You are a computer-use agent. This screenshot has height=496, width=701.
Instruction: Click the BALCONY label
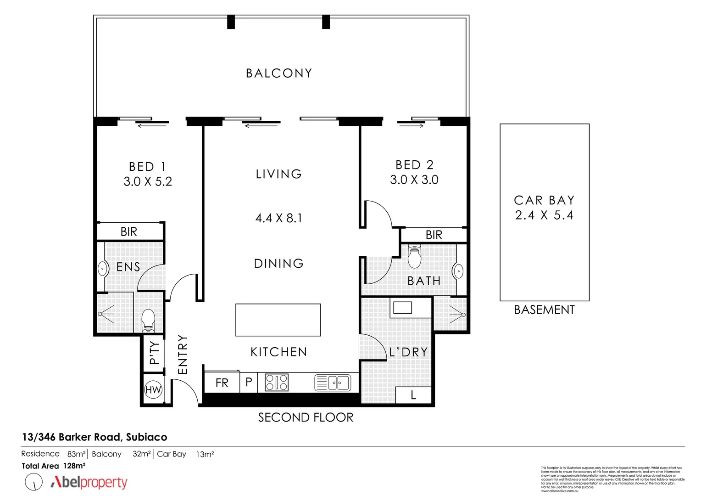tap(278, 73)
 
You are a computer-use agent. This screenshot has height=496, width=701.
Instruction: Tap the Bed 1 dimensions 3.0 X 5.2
tap(148, 182)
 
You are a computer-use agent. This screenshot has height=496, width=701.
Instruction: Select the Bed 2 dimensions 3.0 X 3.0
tap(414, 180)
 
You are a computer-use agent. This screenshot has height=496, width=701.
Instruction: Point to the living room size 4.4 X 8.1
tap(278, 218)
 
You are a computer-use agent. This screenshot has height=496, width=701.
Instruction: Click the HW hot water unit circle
tap(153, 390)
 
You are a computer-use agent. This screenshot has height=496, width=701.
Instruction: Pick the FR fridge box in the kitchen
tap(222, 383)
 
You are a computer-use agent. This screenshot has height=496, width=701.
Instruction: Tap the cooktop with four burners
tap(277, 383)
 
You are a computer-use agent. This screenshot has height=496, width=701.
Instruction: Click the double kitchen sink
tap(333, 383)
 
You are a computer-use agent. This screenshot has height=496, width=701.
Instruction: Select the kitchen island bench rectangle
tap(278, 320)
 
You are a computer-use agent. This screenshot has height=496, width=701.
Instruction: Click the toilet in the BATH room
tap(414, 257)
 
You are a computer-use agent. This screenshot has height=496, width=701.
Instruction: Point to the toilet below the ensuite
tap(148, 320)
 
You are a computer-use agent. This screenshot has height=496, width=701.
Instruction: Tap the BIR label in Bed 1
tap(129, 232)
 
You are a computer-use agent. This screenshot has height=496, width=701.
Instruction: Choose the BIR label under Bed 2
tap(434, 235)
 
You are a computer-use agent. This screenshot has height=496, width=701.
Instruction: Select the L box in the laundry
tap(413, 395)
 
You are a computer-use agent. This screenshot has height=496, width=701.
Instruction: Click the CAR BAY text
tap(544, 201)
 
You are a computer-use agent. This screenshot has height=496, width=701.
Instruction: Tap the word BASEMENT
tap(544, 310)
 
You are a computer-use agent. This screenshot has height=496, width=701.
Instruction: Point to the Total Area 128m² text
tap(54, 466)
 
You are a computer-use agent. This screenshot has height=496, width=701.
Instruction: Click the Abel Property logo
tap(89, 482)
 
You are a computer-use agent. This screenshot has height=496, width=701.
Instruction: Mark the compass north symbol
tap(33, 482)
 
